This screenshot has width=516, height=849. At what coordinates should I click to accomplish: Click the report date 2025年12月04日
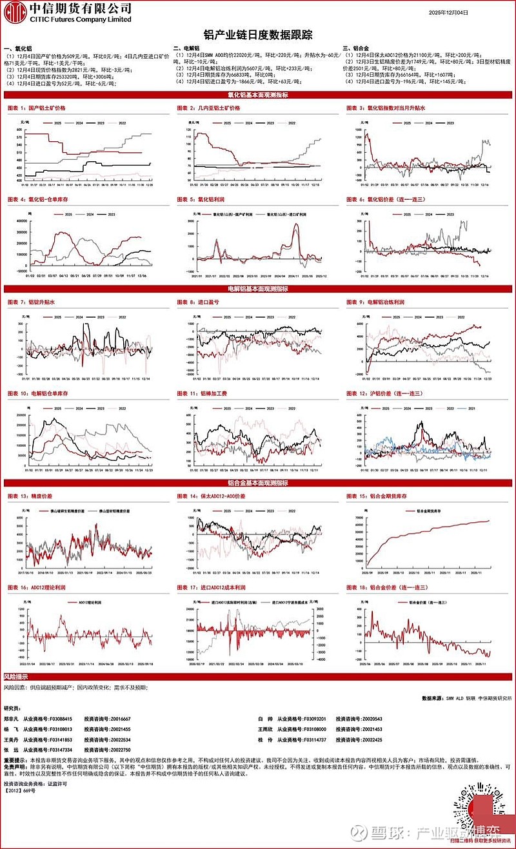[450, 12]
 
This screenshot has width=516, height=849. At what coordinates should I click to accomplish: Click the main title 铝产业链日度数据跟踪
[257, 34]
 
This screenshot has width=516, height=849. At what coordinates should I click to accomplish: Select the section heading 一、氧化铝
[19, 48]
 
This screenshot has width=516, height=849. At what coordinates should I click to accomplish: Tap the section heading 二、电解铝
[188, 48]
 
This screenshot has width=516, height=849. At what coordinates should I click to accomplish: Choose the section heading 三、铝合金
[358, 48]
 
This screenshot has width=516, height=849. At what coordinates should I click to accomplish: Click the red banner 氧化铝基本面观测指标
[257, 95]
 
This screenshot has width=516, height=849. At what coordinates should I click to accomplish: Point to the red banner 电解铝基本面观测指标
[257, 285]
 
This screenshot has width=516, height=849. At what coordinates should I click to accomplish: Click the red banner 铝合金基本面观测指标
[257, 482]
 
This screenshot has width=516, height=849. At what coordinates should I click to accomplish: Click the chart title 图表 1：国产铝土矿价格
[37, 108]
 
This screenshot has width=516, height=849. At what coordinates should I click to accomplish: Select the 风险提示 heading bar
[17, 676]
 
